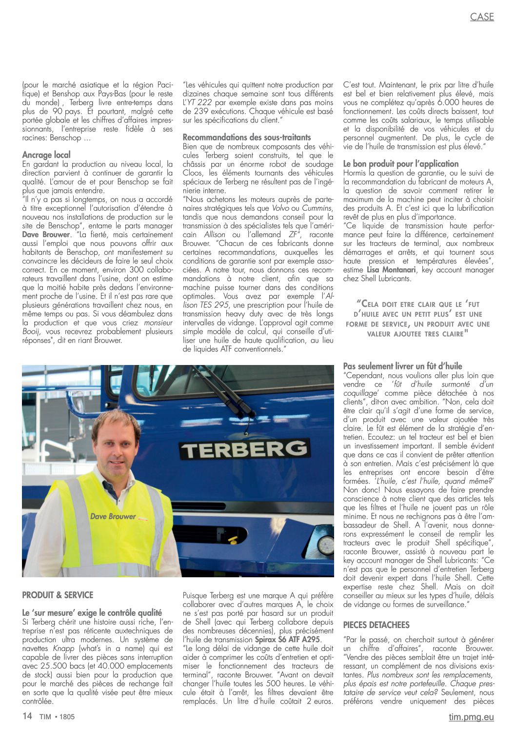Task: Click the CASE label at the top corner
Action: [482, 17]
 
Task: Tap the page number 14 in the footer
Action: [27, 716]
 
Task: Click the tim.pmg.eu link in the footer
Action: [471, 717]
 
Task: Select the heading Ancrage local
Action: [46, 155]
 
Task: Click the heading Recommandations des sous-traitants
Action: [246, 137]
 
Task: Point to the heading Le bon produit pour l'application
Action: [401, 163]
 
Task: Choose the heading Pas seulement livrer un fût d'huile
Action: [402, 366]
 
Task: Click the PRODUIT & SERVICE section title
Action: [58, 595]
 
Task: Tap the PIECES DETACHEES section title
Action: [376, 625]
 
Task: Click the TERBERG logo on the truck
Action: [245, 449]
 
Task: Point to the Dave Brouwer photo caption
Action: [113, 516]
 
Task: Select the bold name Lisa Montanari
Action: [391, 270]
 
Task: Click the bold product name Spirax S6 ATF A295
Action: [287, 639]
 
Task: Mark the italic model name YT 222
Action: [200, 102]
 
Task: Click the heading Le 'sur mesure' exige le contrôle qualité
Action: [92, 612]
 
